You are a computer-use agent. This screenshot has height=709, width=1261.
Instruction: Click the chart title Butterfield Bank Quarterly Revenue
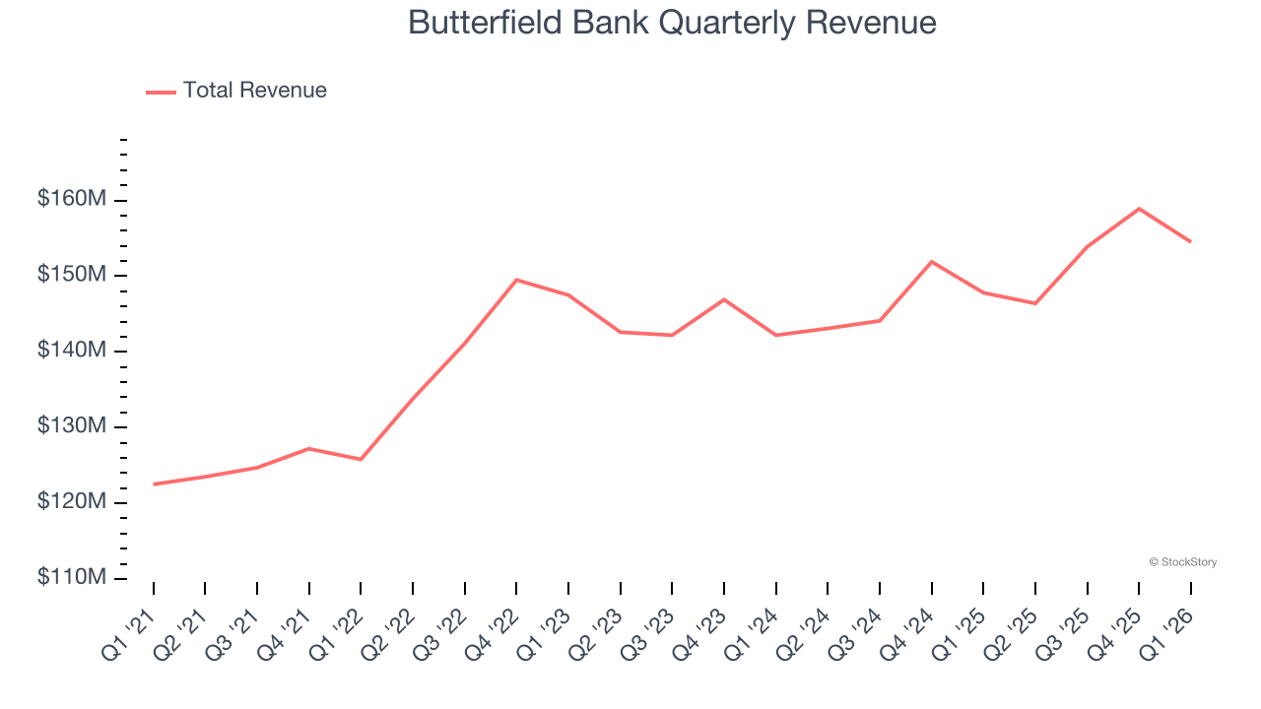click(x=672, y=22)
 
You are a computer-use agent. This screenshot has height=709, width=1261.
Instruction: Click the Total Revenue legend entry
click(x=236, y=91)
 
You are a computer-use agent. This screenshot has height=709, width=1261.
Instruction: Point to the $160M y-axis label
click(x=71, y=199)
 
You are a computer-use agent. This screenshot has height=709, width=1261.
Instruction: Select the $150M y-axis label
click(x=71, y=275)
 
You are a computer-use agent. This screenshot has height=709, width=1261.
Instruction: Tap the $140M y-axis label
click(x=71, y=351)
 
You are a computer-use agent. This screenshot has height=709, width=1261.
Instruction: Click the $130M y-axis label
click(x=71, y=426)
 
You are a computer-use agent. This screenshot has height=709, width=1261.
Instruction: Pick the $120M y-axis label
click(x=71, y=502)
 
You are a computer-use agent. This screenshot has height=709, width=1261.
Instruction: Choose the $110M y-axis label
click(x=71, y=577)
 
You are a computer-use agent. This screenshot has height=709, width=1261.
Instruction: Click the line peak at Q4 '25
click(x=1139, y=209)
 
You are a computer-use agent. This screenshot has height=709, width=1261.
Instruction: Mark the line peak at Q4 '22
click(x=516, y=280)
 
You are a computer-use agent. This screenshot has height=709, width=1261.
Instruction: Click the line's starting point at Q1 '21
click(x=155, y=483)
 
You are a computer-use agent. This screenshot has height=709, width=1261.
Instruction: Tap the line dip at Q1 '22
click(x=361, y=459)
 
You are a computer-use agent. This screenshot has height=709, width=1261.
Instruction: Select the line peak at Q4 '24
click(x=931, y=262)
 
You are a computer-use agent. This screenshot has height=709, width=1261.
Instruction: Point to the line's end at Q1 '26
click(x=1190, y=241)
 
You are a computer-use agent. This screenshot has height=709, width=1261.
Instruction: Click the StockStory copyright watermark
click(x=1182, y=562)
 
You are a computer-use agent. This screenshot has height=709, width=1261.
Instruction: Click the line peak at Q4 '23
click(x=724, y=299)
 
